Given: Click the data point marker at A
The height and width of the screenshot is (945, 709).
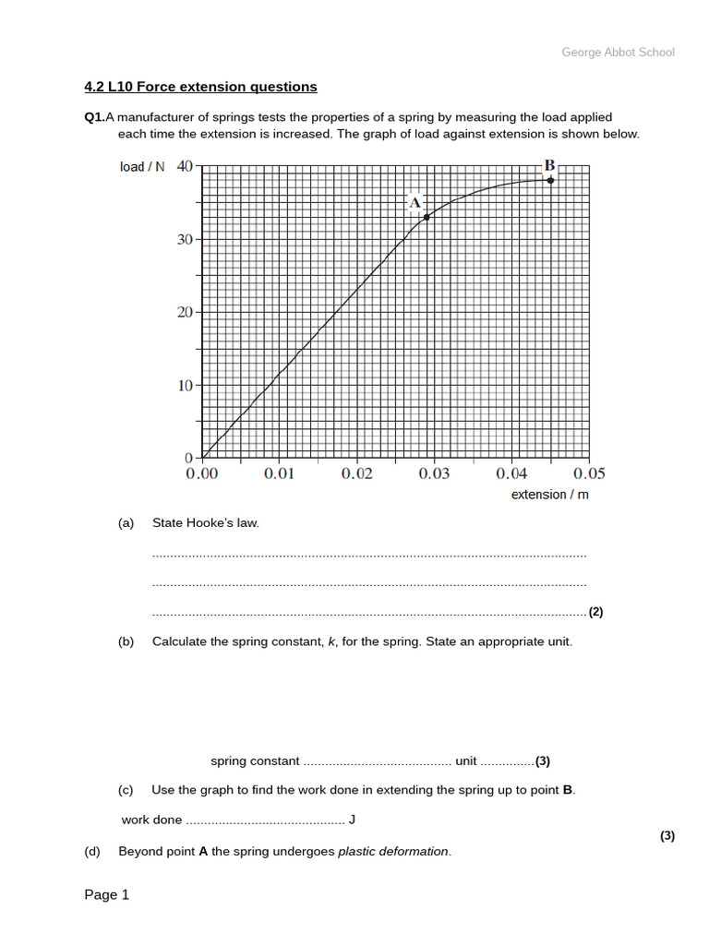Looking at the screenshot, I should click(427, 217).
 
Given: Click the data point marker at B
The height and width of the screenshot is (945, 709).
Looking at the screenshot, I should click(551, 180).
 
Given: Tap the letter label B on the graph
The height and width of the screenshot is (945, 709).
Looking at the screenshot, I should click(549, 165).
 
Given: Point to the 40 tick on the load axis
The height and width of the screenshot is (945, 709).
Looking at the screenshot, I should click(184, 166).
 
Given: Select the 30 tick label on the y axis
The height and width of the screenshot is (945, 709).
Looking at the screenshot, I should click(184, 239).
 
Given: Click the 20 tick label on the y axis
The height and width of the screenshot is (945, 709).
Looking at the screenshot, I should click(184, 312).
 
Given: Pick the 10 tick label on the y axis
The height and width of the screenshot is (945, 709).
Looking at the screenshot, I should click(184, 385).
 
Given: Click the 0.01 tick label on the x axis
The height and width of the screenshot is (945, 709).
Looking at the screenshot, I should click(280, 473).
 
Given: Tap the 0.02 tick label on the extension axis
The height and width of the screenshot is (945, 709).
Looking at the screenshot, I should click(357, 473).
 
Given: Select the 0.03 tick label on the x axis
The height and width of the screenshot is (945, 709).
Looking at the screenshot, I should click(435, 473).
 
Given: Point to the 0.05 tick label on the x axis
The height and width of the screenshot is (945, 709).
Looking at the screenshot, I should click(589, 473).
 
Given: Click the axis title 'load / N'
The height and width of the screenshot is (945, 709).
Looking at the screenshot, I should click(142, 167).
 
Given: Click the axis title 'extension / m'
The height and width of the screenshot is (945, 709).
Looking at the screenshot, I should click(550, 495).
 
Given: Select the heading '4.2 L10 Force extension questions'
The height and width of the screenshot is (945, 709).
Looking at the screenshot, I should click(200, 87).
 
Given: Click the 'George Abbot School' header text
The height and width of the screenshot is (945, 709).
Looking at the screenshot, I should click(618, 53).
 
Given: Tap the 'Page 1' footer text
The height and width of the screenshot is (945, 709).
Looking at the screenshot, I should click(107, 894).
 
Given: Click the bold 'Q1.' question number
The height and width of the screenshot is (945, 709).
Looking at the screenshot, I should click(94, 117).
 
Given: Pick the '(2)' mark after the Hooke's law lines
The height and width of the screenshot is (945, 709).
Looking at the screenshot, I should click(596, 612).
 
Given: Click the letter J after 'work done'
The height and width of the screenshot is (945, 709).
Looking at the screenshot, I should click(352, 819).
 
